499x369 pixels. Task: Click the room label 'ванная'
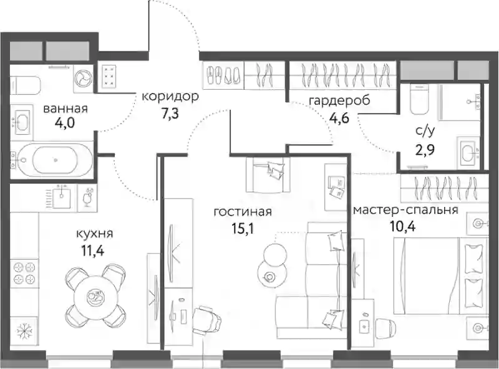point(65,109)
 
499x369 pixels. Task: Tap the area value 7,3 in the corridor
point(170,113)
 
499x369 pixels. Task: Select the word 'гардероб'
point(339,101)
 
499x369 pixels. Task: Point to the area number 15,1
point(243,228)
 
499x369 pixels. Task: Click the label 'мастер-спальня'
point(406,210)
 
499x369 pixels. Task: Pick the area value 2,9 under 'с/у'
point(425,149)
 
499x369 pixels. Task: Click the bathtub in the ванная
point(52,160)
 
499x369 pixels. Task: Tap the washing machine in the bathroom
point(84,77)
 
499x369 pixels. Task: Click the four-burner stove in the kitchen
point(24,273)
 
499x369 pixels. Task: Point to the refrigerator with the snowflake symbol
point(24,332)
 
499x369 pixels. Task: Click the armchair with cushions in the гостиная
point(268,175)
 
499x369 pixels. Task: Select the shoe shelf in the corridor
point(223,75)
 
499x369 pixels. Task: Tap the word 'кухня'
point(95,234)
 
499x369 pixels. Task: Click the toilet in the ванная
point(25,85)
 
